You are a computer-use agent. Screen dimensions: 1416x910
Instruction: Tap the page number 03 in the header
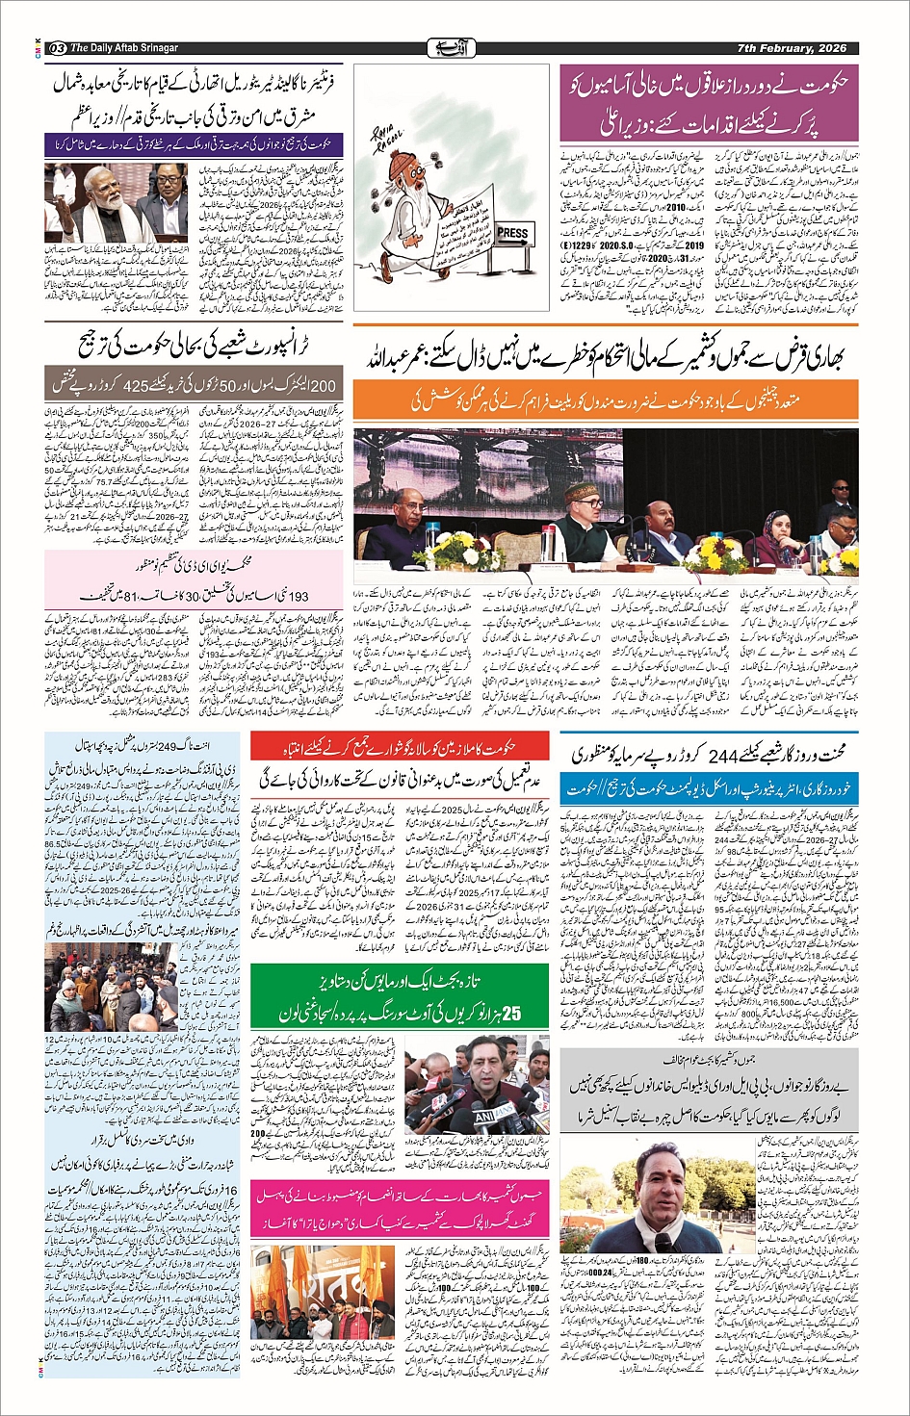(57, 48)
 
